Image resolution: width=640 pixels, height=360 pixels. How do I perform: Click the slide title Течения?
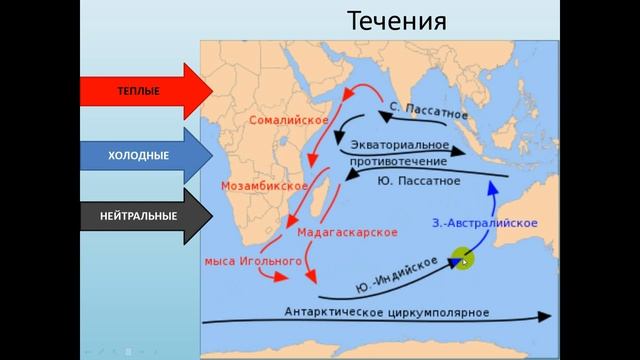397,21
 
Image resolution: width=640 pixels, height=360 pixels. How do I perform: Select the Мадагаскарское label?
348,232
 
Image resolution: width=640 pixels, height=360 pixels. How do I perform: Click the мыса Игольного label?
252,260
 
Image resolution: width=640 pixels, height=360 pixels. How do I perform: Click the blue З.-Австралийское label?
486,222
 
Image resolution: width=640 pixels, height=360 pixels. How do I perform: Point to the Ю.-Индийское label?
397,274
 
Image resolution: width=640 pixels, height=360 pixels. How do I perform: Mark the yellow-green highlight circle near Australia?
461,260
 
